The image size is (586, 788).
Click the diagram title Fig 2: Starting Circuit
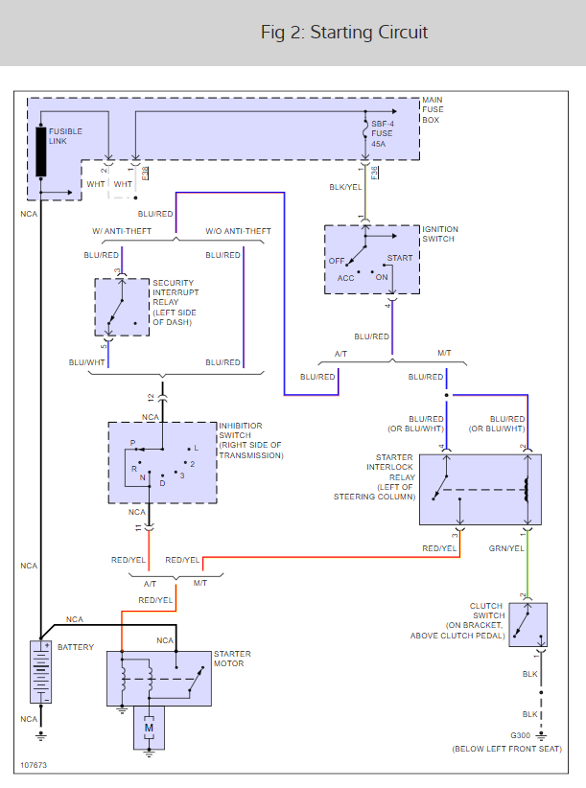[344, 33]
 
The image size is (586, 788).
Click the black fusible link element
[42, 151]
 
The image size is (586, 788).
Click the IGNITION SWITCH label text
[440, 234]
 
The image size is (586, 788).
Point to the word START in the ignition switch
[400, 259]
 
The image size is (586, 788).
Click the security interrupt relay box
[123, 307]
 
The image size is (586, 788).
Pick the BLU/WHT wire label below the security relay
[86, 362]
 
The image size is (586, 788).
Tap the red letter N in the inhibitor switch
[142, 476]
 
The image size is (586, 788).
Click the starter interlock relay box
[480, 489]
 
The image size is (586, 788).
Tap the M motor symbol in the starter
[149, 729]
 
